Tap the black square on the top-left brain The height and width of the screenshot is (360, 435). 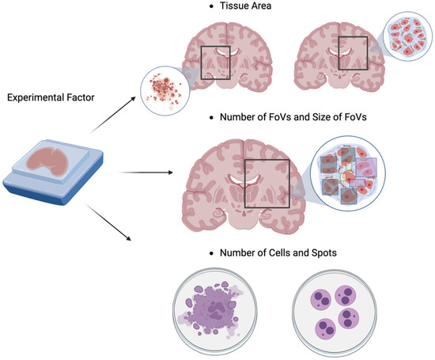215,63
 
